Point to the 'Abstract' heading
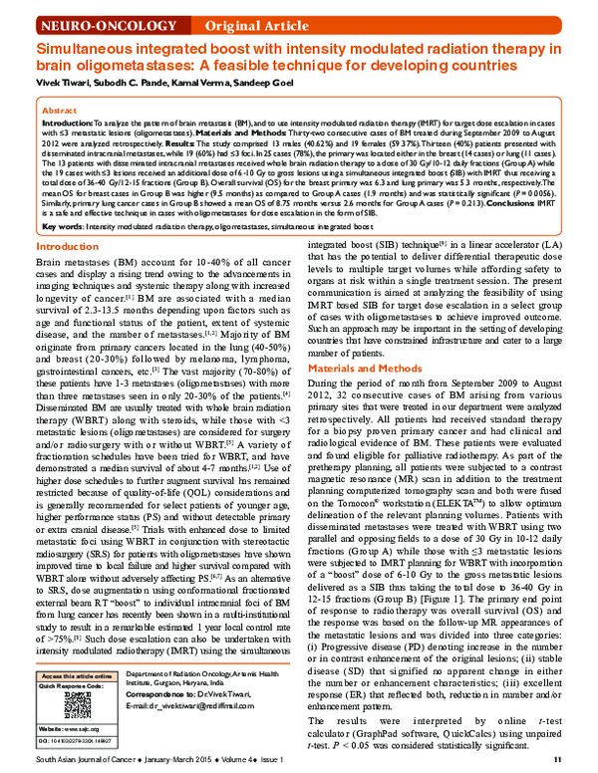[x=61, y=111]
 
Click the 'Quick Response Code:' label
[x=64, y=686]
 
